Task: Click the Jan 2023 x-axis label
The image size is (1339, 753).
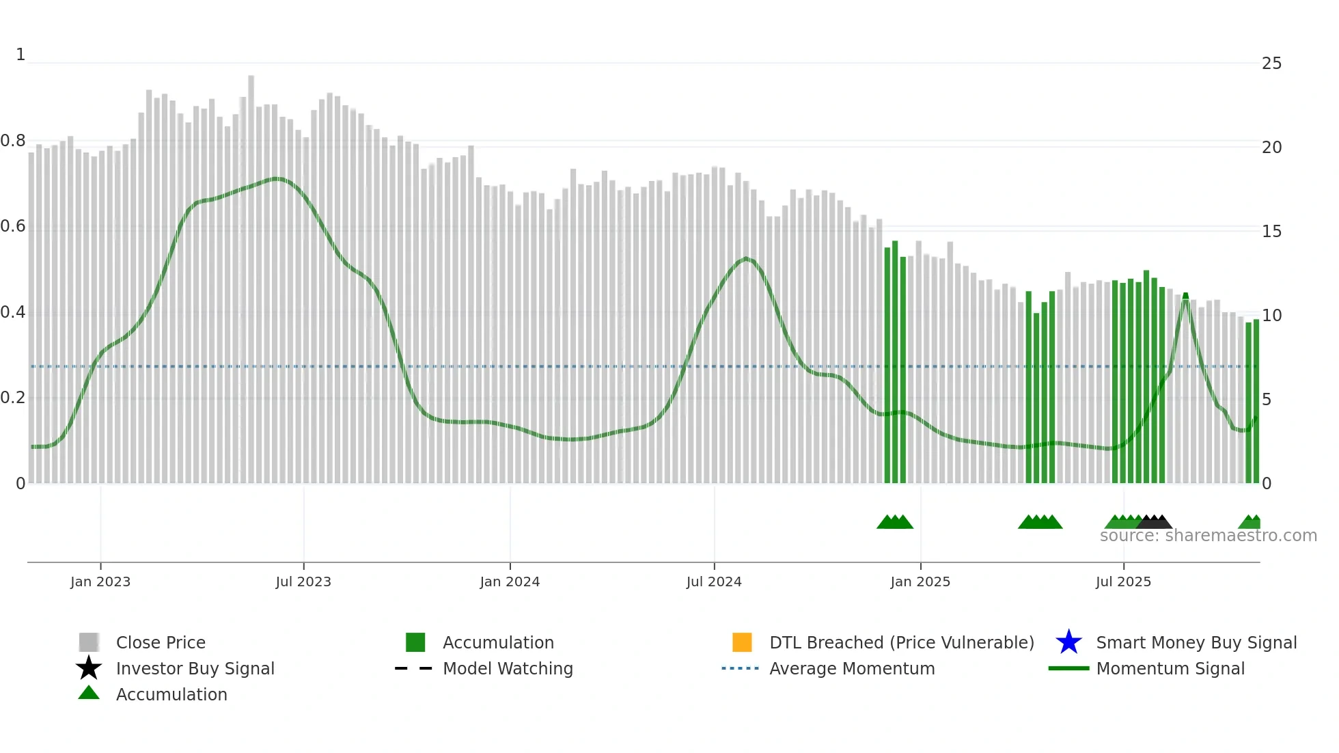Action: (x=100, y=581)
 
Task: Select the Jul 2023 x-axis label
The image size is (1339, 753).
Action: (x=303, y=581)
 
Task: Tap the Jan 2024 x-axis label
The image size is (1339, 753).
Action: (x=510, y=581)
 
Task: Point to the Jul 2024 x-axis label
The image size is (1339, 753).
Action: (x=714, y=581)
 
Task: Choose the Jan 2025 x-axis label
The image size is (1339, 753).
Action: (x=920, y=581)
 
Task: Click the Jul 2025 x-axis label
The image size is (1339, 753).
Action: (x=1123, y=581)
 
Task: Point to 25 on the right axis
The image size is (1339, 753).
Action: (x=1271, y=64)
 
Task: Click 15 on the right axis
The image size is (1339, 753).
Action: (x=1271, y=232)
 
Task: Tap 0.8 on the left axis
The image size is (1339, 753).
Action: (x=13, y=141)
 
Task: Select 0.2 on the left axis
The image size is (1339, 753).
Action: (x=13, y=398)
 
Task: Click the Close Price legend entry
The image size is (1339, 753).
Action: (x=161, y=642)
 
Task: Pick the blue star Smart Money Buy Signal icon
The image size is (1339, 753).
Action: (x=1068, y=642)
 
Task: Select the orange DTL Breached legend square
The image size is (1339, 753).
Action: (x=742, y=642)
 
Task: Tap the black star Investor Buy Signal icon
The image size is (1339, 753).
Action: (x=89, y=668)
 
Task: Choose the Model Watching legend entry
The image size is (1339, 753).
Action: (x=508, y=668)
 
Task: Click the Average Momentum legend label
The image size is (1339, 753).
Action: (x=852, y=668)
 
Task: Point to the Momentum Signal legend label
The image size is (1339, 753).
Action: (x=1170, y=668)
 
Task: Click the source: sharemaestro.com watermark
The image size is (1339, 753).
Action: (x=1208, y=536)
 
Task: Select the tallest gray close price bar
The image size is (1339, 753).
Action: (x=251, y=273)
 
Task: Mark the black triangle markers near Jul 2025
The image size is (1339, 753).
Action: (x=1155, y=522)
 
